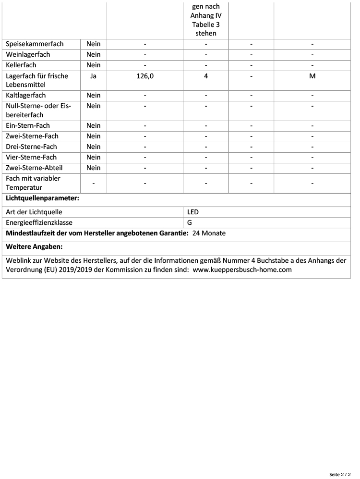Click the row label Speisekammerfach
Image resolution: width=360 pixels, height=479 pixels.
(x=35, y=44)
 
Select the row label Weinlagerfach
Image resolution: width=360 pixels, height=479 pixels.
(x=28, y=55)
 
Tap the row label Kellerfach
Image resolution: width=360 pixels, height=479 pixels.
(x=21, y=65)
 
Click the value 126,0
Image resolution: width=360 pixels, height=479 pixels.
(x=145, y=76)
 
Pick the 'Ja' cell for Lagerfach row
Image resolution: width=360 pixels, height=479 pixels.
(x=94, y=76)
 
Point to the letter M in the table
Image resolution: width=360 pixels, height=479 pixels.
(x=312, y=76)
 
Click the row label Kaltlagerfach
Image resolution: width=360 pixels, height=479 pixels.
(x=26, y=95)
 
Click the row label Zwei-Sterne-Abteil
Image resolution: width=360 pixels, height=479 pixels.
(x=34, y=168)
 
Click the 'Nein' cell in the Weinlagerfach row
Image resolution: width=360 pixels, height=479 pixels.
(x=94, y=55)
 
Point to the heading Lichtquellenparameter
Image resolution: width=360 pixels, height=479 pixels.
(x=42, y=198)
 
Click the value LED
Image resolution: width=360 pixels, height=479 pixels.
(x=193, y=212)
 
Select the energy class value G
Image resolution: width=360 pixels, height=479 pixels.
(x=190, y=223)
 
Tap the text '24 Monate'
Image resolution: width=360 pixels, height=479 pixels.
(x=209, y=233)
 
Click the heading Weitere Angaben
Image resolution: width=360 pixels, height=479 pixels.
(x=34, y=247)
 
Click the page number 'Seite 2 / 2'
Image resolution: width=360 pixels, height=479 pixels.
(x=341, y=474)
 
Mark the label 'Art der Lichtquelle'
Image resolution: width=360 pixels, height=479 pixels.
(x=34, y=212)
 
